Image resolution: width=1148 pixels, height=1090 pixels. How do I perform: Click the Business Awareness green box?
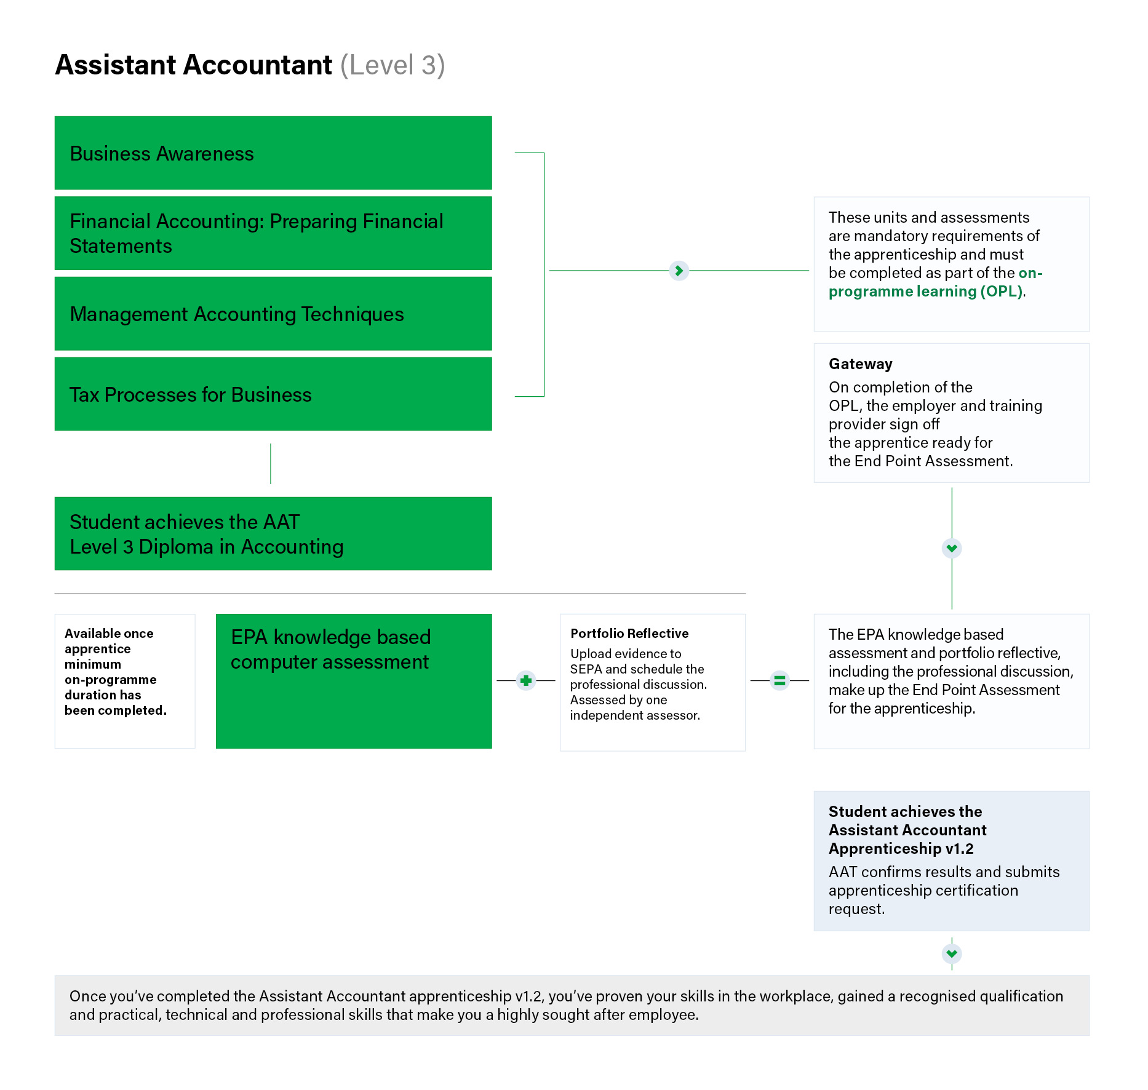pyautogui.click(x=273, y=153)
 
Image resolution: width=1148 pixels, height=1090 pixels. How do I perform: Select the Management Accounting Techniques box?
pyautogui.click(x=273, y=314)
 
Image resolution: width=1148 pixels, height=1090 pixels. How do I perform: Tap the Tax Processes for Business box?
pyautogui.click(x=273, y=394)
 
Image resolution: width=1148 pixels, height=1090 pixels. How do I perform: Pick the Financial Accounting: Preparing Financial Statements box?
pyautogui.click(x=273, y=233)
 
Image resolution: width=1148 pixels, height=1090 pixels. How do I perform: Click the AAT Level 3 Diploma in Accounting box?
pyautogui.click(x=273, y=534)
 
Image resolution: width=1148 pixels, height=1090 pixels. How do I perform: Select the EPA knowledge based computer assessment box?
pyautogui.click(x=353, y=681)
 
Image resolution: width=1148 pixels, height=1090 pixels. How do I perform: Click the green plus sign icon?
pyautogui.click(x=526, y=680)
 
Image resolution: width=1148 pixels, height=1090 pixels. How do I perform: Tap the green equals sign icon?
pyautogui.click(x=779, y=680)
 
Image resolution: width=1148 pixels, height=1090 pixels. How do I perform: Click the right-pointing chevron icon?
pyautogui.click(x=679, y=271)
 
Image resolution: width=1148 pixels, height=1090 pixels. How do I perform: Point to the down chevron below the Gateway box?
pyautogui.click(x=952, y=548)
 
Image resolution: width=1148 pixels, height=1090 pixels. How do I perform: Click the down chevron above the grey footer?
pyautogui.click(x=952, y=954)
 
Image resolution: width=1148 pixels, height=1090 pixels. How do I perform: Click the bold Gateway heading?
pyautogui.click(x=860, y=364)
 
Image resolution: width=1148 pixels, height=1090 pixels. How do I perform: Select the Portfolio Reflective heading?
pyautogui.click(x=629, y=634)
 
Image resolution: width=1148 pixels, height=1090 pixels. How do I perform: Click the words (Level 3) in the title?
pyautogui.click(x=393, y=65)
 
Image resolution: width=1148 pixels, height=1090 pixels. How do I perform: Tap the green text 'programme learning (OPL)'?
pyautogui.click(x=925, y=292)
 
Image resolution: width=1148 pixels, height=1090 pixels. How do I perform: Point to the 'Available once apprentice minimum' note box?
pyautogui.click(x=125, y=681)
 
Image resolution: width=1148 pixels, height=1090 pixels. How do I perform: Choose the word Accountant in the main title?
pyautogui.click(x=258, y=65)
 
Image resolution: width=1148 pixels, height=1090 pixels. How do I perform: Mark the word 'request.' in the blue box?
pyautogui.click(x=856, y=909)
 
